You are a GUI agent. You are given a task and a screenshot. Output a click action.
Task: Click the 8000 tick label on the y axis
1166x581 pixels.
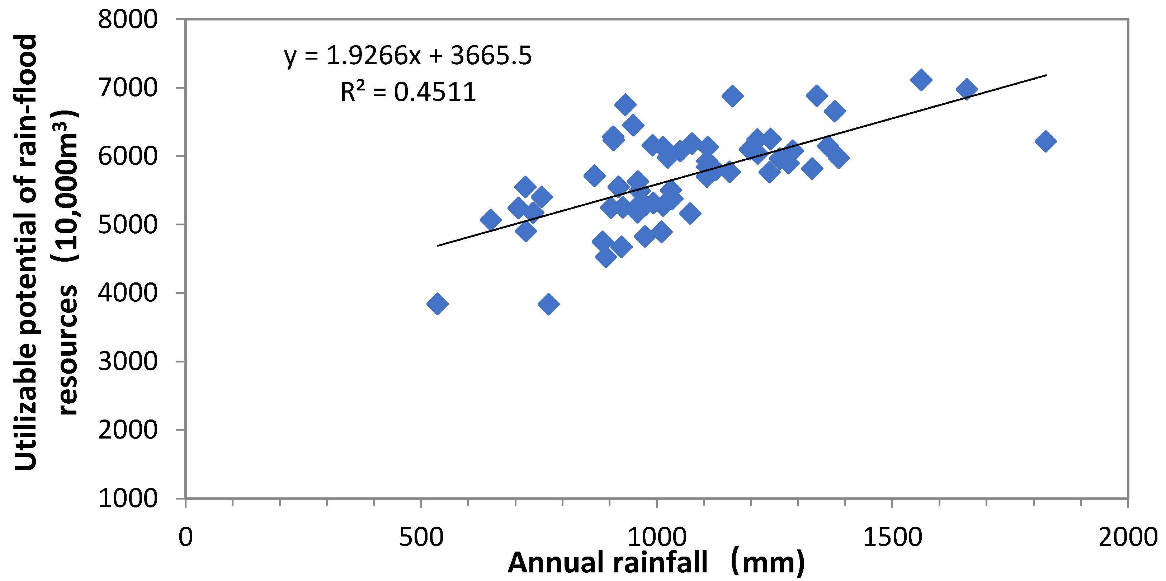click(128, 20)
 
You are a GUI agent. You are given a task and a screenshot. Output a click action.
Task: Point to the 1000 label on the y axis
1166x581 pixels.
click(128, 498)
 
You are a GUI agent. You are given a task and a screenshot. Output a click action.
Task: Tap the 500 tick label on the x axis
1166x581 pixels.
click(421, 538)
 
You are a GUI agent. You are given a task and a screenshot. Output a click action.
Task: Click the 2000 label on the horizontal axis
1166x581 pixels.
click(1127, 538)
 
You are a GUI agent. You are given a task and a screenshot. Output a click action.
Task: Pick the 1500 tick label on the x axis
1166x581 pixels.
click(892, 538)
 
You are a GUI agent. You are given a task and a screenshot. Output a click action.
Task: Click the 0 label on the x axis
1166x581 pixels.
click(185, 538)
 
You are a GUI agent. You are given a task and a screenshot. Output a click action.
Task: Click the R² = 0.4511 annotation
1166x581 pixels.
click(407, 92)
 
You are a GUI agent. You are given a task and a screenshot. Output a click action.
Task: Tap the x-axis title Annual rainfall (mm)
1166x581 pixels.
click(656, 563)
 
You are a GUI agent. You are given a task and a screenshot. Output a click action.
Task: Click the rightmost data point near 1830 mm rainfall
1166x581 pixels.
click(1045, 141)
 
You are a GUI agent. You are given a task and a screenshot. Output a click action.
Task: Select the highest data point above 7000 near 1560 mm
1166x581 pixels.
click(921, 80)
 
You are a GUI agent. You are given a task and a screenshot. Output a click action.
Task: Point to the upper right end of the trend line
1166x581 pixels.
click(1046, 75)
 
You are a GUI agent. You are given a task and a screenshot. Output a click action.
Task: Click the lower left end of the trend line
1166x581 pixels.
click(438, 246)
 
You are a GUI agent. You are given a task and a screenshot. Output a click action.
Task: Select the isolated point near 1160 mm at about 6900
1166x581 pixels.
click(732, 96)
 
